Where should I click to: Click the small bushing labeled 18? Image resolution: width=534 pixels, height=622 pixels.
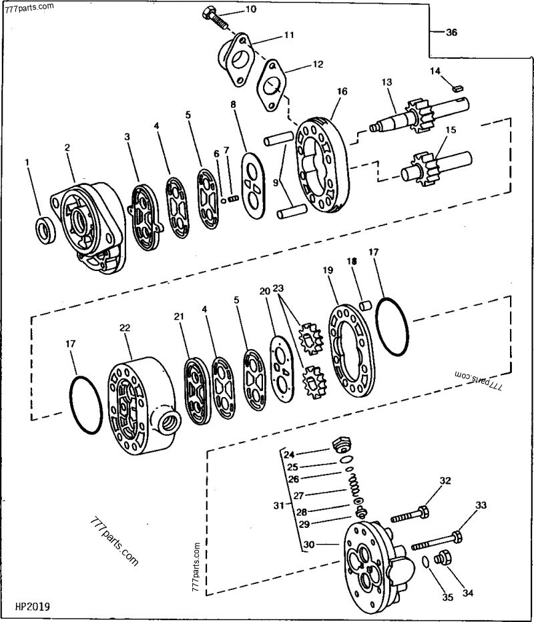click(365, 306)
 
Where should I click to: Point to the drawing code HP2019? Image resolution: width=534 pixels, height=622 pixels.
click(33, 607)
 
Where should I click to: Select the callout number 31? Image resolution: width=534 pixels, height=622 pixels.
click(278, 505)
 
